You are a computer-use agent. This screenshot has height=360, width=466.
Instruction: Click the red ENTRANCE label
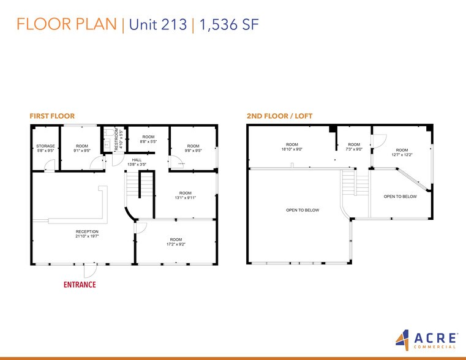[x=80, y=285]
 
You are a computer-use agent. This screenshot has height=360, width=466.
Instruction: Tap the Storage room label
[x=46, y=148]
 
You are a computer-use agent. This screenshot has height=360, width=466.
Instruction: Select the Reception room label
[x=87, y=234]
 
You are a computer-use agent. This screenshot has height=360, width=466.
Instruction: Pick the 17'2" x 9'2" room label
[x=176, y=241]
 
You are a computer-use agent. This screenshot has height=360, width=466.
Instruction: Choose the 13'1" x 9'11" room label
[x=185, y=195]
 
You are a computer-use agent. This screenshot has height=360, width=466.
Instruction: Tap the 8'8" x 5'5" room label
[x=149, y=140]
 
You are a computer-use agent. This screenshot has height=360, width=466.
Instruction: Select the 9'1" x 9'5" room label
[x=82, y=148]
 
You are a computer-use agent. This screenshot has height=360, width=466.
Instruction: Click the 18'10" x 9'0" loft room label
[x=292, y=147]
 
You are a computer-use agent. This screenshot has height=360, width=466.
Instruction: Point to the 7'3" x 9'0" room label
[x=354, y=147]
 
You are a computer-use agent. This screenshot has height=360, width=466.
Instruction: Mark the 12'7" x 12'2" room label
[x=402, y=152]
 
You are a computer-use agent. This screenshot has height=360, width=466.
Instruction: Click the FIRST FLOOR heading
[x=52, y=116]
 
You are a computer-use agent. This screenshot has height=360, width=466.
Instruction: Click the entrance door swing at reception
[x=90, y=269]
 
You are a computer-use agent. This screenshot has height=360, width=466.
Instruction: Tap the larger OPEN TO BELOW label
[x=303, y=210]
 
